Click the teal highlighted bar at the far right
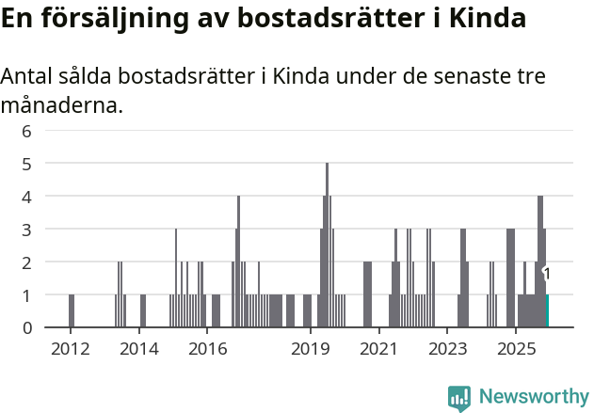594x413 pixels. pos(547,311)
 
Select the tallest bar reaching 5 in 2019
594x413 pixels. pos(327,245)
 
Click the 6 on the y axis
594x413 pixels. pos(27,131)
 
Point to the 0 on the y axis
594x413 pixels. pos(27,327)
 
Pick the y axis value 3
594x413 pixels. pos(27,229)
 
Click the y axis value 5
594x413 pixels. pos(27,164)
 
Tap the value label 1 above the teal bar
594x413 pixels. pos(547,274)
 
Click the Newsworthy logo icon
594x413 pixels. pos(459,398)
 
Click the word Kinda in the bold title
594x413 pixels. pos(486,19)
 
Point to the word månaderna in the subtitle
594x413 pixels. pos(62,105)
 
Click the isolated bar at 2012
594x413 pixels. pos(72,311)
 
